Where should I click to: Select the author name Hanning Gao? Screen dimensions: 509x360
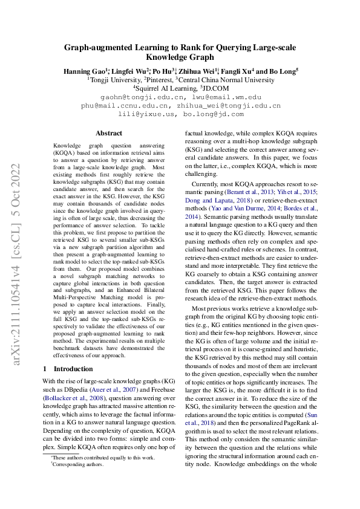click(84, 71)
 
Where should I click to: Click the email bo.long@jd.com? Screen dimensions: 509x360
click(214, 114)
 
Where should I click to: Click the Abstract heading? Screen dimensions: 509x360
click(109, 133)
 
